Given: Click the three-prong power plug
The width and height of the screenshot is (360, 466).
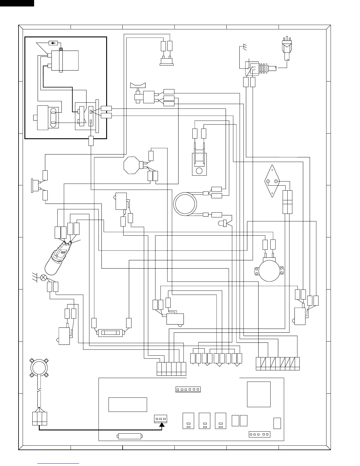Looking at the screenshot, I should (x=286, y=46).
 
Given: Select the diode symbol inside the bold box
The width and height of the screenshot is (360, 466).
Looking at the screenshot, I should (x=53, y=43).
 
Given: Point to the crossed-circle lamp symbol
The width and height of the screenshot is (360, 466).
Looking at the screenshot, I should (x=43, y=277).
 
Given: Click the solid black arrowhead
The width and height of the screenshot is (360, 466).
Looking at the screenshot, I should (x=162, y=425).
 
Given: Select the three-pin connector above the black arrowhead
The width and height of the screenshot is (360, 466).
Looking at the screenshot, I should (x=161, y=419).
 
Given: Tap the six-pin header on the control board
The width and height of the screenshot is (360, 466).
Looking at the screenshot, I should (x=188, y=390).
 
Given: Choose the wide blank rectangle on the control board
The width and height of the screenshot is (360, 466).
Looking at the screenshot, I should (x=128, y=405).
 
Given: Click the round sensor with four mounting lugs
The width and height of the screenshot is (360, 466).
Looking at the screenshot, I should (x=39, y=367).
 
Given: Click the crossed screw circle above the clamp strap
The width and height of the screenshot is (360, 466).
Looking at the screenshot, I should (x=61, y=49).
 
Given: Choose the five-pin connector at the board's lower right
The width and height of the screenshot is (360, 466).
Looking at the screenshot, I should (x=259, y=434).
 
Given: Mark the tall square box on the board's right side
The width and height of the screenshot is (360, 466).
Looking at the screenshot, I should (x=259, y=394).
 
